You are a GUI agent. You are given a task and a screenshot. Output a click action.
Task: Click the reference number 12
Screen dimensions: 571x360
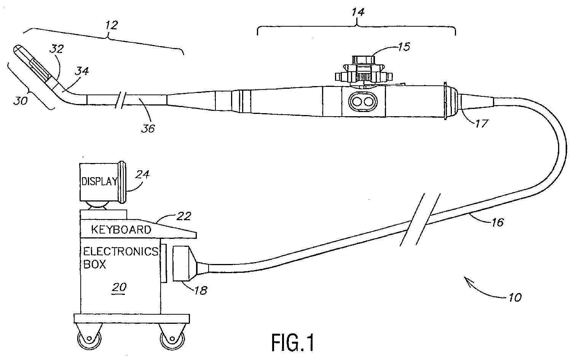[x=112, y=25]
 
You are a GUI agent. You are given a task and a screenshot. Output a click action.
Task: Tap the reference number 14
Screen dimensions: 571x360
[x=358, y=12]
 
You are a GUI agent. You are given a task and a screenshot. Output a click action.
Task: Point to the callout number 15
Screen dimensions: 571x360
[x=404, y=47]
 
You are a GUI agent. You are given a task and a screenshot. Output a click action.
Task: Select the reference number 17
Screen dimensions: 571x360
[x=482, y=123]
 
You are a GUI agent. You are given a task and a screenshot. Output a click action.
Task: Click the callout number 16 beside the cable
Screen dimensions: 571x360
[x=498, y=222]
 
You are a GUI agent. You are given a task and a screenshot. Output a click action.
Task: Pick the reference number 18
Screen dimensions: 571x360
[x=201, y=290]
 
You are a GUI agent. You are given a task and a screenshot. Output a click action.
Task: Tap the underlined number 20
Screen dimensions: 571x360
[x=119, y=288]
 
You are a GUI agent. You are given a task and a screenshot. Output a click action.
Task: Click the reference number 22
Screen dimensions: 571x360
[x=183, y=216]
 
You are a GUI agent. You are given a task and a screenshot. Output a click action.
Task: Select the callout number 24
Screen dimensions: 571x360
[x=142, y=174]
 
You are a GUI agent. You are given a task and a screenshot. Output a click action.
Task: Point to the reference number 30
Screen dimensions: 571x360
[x=21, y=101]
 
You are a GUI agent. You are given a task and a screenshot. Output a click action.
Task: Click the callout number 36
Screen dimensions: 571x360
[x=148, y=128]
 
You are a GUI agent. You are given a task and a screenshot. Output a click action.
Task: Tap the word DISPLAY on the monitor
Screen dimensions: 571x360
[x=99, y=181]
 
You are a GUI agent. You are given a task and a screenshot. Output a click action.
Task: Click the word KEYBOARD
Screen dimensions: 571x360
[x=121, y=230]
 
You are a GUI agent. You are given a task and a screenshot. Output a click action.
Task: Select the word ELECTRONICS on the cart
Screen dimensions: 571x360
[x=121, y=252]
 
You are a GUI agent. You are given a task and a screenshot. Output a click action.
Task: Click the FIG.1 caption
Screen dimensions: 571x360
[x=293, y=343]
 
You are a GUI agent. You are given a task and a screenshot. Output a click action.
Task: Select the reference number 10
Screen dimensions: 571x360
[x=515, y=298]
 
